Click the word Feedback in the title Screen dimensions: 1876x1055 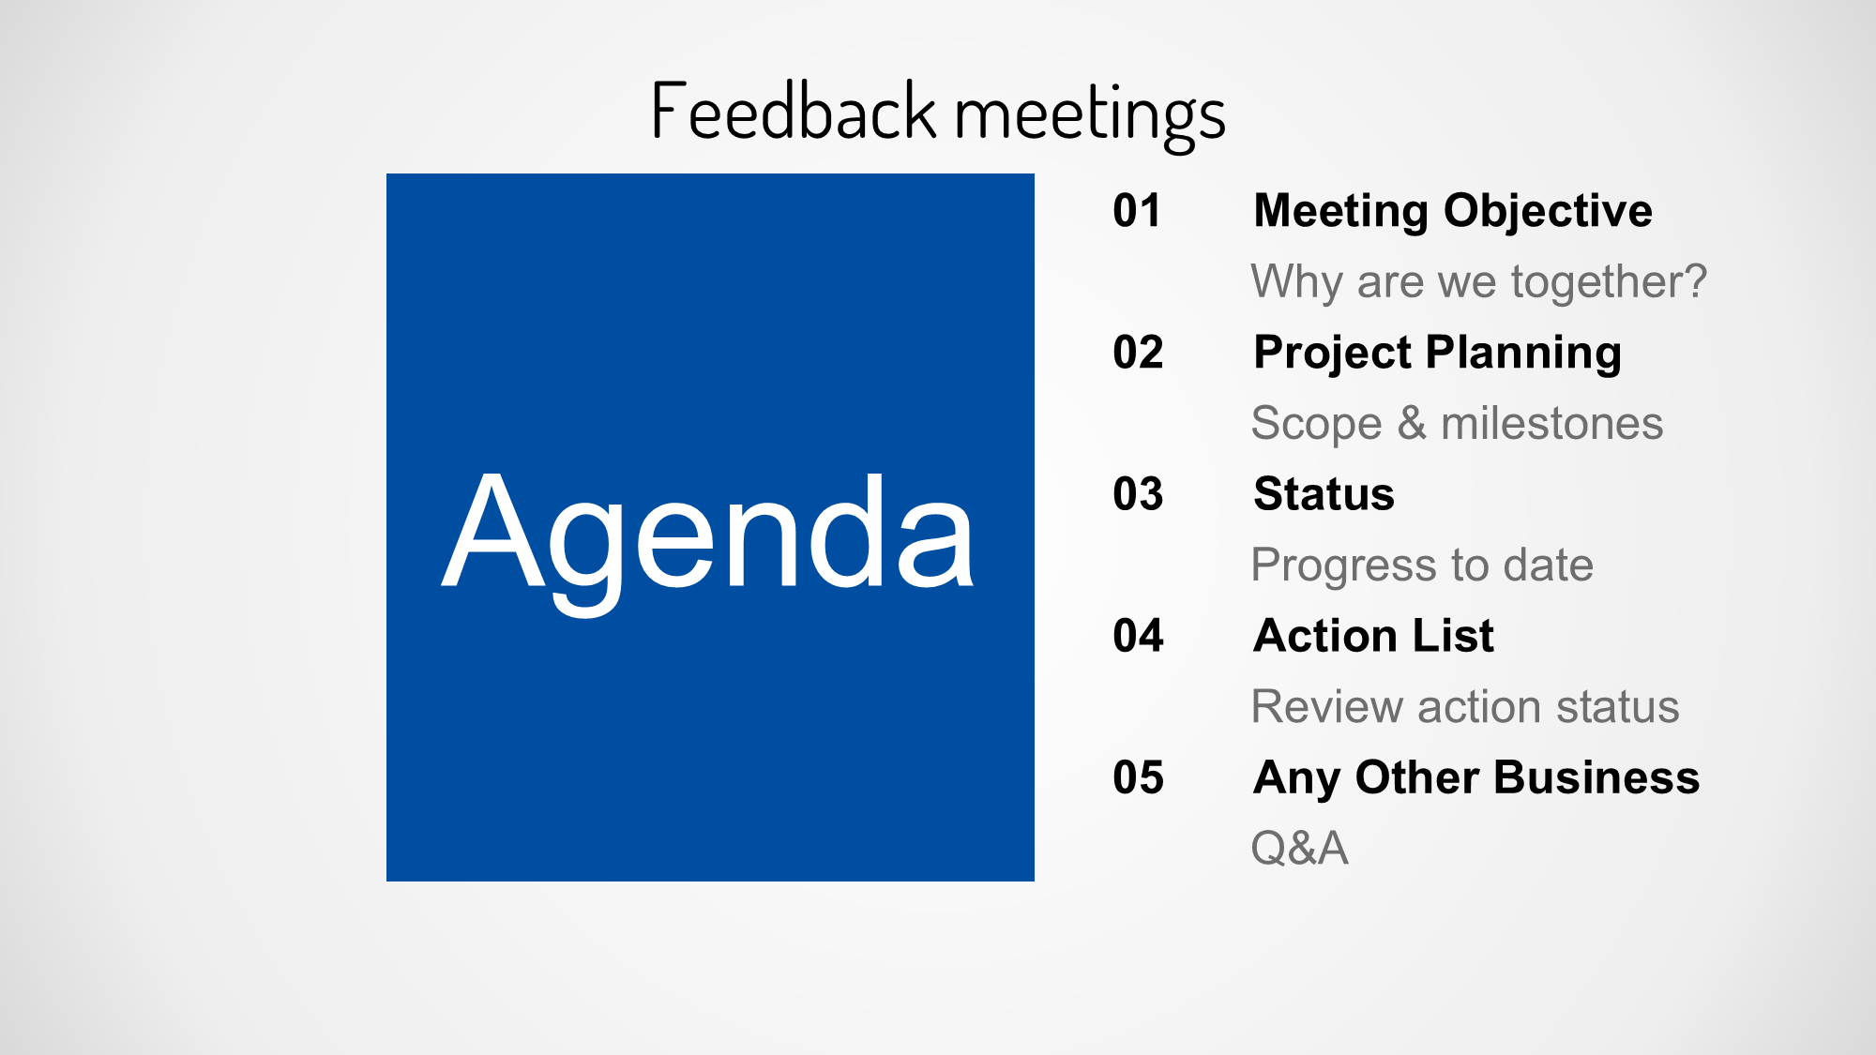pyautogui.click(x=794, y=111)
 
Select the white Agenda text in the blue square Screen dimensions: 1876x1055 pyautogui.click(x=708, y=542)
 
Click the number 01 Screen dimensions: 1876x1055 pyautogui.click(x=1137, y=210)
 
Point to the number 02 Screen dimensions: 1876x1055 pyautogui.click(x=1138, y=352)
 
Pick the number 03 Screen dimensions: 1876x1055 pyautogui.click(x=1138, y=493)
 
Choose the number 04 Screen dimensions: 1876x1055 pyautogui.click(x=1138, y=635)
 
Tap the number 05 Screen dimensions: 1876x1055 pyautogui.click(x=1138, y=776)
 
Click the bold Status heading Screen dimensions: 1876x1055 pyautogui.click(x=1324, y=493)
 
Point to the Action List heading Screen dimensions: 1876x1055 pyautogui.click(x=1373, y=635)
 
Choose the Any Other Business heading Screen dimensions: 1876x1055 pyautogui.click(x=1476, y=778)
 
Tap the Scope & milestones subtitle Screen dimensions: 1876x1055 pyautogui.click(x=1458, y=424)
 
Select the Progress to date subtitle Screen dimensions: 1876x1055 pyautogui.click(x=1422, y=566)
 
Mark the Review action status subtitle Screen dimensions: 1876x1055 pyautogui.click(x=1465, y=706)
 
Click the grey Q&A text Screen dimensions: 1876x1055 pyautogui.click(x=1300, y=848)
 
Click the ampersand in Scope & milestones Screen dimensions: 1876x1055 pyautogui.click(x=1412, y=423)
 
